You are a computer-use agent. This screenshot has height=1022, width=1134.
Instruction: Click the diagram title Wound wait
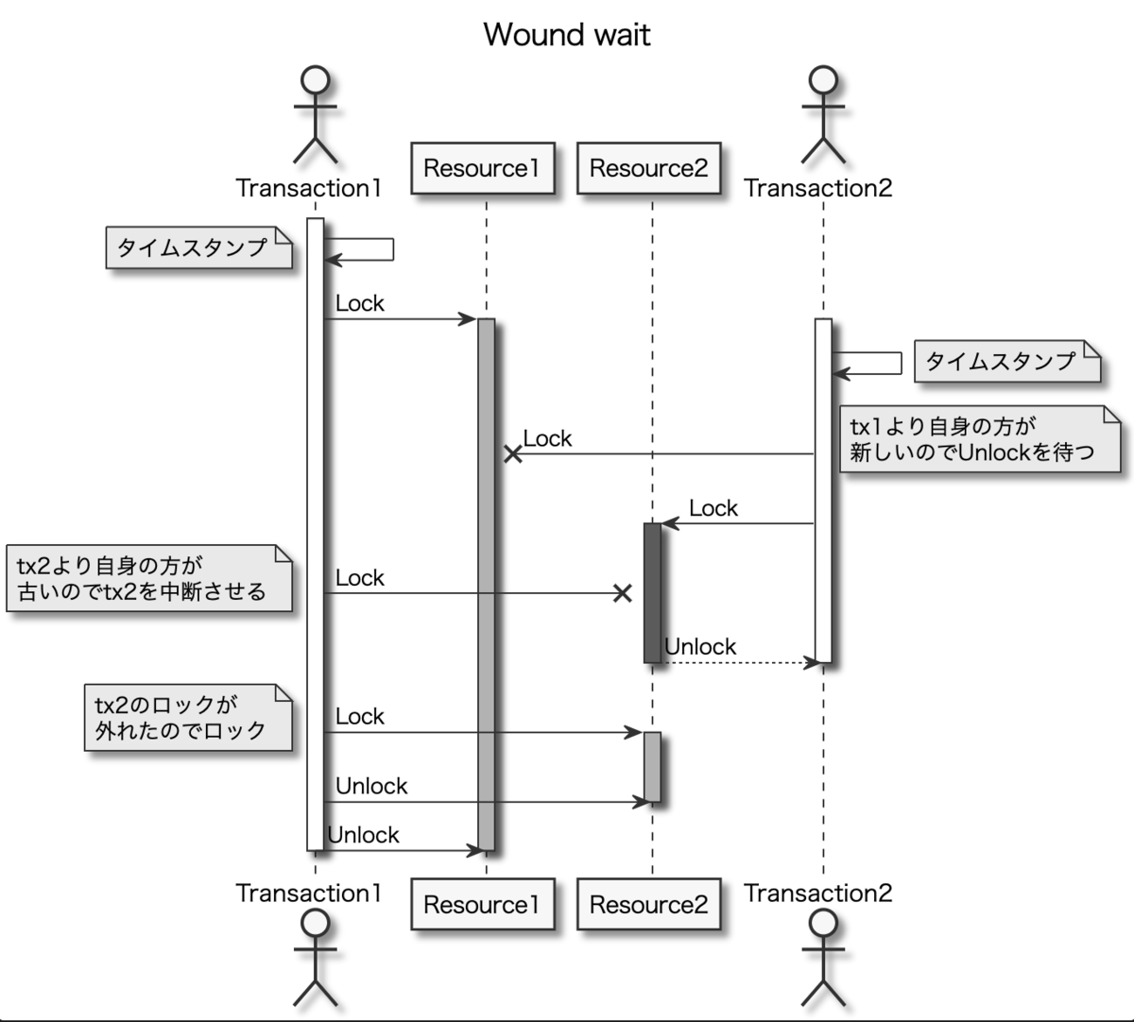(567, 35)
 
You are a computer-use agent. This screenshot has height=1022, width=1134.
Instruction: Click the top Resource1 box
(482, 168)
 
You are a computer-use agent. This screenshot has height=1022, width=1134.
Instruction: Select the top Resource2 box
(648, 168)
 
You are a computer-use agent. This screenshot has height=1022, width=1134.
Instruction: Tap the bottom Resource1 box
(482, 904)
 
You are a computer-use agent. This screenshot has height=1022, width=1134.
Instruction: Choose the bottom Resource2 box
(648, 904)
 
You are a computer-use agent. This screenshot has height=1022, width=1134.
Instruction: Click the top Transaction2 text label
(818, 188)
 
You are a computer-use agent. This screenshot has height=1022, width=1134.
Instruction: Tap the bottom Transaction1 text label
(309, 893)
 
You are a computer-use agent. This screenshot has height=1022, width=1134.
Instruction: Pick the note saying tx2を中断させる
(149, 578)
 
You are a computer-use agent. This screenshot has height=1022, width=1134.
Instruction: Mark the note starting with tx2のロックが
(187, 717)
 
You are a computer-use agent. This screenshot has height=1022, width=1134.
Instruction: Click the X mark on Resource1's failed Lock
(512, 454)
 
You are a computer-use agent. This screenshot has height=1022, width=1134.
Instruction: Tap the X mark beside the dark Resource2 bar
(622, 593)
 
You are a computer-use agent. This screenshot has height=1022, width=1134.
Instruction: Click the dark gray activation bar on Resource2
(652, 592)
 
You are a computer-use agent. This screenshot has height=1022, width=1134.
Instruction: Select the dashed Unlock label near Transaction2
(700, 647)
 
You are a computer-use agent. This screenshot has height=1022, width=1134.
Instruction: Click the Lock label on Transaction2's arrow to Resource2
(713, 508)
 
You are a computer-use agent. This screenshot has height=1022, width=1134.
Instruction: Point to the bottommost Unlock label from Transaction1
(364, 835)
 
